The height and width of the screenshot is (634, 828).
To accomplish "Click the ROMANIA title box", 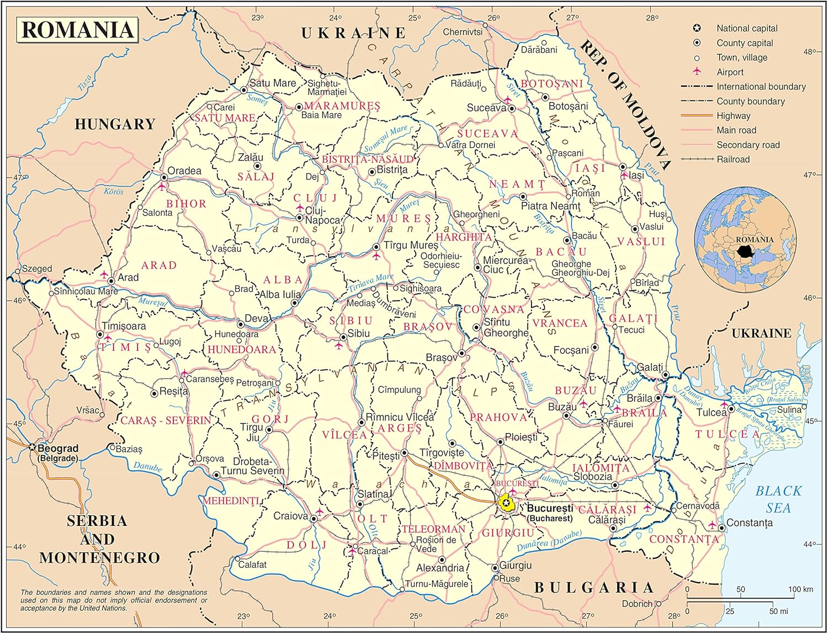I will pos(77,30).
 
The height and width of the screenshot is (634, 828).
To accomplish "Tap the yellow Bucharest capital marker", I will pos(506,503).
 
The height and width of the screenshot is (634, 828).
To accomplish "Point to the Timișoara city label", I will pos(124,326).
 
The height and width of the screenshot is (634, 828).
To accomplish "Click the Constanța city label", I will pos(750,523).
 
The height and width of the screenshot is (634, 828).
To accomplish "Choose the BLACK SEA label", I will pos(778,499).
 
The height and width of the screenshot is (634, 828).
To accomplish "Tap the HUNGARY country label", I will pos(115,124).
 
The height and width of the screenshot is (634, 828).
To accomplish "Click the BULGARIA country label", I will pos(593,588).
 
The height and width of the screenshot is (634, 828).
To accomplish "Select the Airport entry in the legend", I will pos(730,72).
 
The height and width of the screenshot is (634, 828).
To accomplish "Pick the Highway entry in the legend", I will pos(733,116).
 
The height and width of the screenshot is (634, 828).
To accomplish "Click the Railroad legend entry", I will pos(733,159).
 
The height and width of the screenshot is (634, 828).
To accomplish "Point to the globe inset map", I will pos(745,238).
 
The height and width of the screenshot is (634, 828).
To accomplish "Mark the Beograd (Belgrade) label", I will pos(57,453).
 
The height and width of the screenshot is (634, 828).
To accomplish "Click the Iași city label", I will pos(636,175).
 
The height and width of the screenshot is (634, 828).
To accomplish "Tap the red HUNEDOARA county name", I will pos(241,349).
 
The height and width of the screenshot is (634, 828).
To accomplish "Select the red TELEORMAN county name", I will pos(433,529).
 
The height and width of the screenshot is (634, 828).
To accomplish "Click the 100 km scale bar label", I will pos(800,589).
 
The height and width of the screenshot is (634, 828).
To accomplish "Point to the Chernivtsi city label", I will pos(463,32).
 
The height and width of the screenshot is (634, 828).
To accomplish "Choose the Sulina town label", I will pos(789,409).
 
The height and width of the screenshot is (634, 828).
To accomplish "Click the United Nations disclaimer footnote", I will pos(114,600).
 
